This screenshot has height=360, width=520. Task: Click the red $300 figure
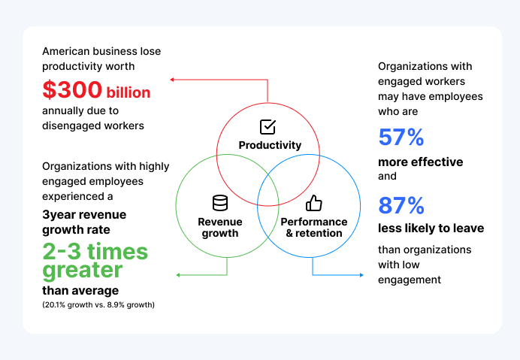coord(72,90)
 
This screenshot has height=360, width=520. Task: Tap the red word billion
coord(128,92)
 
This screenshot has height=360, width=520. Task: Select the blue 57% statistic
coord(401,138)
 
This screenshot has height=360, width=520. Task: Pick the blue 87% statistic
coord(401,205)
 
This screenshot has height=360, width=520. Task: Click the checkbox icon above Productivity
coord(268,127)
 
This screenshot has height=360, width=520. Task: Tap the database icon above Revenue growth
coord(219,203)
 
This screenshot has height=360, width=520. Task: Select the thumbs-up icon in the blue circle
coord(313,203)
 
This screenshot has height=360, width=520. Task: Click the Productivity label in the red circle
coord(270,145)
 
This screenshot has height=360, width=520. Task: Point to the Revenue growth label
coord(219,227)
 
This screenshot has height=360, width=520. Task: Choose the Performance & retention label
coord(313,227)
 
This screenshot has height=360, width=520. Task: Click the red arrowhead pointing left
coord(172,78)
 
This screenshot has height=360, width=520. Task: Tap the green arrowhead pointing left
coord(178,275)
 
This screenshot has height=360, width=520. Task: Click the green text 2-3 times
coord(95,251)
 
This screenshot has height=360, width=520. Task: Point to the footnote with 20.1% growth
coord(98,305)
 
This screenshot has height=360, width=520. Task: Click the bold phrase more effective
coord(420,162)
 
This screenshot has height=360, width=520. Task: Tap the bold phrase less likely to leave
coord(431,228)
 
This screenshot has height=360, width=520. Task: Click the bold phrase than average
coord(80,290)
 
